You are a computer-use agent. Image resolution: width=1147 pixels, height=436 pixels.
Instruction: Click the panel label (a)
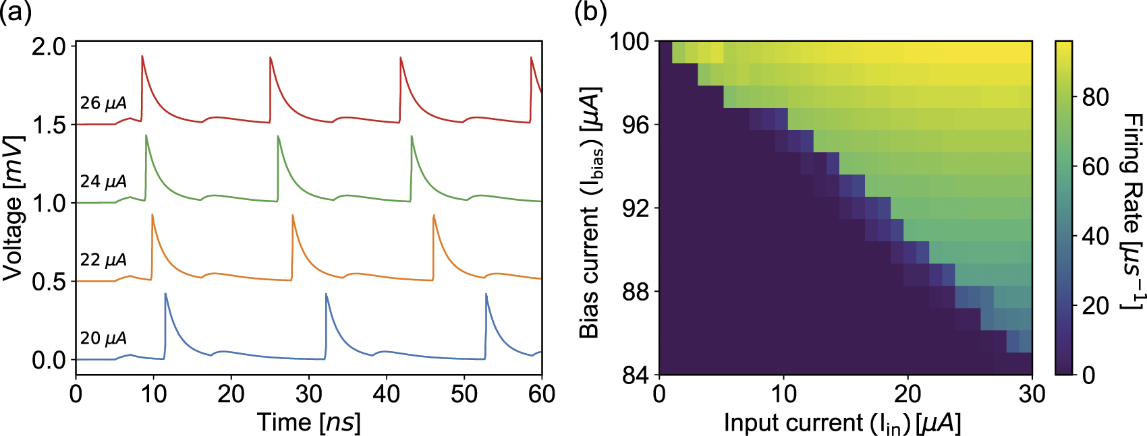pyautogui.click(x=16, y=11)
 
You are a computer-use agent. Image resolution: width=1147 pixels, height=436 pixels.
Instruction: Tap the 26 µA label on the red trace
pyautogui.click(x=103, y=103)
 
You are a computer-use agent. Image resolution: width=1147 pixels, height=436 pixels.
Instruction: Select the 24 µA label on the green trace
pyautogui.click(x=103, y=181)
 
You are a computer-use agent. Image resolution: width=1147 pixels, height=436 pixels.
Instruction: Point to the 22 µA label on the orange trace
pyautogui.click(x=103, y=259)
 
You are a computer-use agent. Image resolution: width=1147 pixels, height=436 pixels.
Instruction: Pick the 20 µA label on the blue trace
pyautogui.click(x=103, y=338)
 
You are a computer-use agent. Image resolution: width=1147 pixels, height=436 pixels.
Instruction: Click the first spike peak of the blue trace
pyautogui.click(x=165, y=294)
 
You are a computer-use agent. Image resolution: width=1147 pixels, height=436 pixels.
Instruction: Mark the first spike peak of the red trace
pyautogui.click(x=142, y=57)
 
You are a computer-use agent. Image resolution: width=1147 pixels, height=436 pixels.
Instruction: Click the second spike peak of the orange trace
pyautogui.click(x=293, y=216)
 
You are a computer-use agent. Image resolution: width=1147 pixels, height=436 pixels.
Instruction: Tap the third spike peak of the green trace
pyautogui.click(x=412, y=137)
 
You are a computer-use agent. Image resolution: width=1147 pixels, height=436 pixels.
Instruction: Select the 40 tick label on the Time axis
pyautogui.click(x=387, y=394)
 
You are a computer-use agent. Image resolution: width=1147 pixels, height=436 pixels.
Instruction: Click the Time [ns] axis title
pyautogui.click(x=309, y=423)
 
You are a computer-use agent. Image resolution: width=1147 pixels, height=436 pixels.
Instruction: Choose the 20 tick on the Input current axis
pyautogui.click(x=907, y=394)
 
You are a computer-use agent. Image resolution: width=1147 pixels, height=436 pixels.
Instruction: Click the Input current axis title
pyautogui.click(x=842, y=423)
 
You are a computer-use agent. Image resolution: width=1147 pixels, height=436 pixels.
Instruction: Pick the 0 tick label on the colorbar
pyautogui.click(x=1088, y=375)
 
